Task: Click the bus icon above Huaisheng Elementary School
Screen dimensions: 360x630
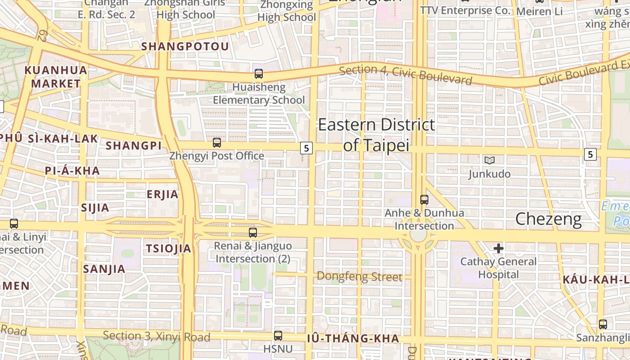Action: tap(259, 74)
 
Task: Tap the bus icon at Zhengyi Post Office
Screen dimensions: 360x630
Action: tap(217, 143)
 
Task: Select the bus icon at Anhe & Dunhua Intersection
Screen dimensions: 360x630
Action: tap(424, 199)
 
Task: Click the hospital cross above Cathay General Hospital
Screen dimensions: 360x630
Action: tap(499, 248)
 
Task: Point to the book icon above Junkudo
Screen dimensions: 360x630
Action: tap(489, 160)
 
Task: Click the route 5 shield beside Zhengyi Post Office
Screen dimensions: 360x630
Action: tap(306, 148)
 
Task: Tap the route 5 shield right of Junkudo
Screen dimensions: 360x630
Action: tap(590, 154)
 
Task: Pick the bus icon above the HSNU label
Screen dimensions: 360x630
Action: tap(278, 335)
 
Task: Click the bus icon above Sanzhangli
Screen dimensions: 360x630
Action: tap(603, 324)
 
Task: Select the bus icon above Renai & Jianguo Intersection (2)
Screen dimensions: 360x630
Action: tap(253, 233)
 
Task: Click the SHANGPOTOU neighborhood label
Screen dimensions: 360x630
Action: tap(185, 46)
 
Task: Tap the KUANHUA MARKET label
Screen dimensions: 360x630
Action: tap(56, 77)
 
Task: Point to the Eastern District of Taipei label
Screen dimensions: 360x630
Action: tap(377, 135)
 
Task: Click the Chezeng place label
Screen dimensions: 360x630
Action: tap(548, 219)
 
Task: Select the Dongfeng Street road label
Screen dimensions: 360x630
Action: tap(359, 276)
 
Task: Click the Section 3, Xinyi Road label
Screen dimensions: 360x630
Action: tap(157, 337)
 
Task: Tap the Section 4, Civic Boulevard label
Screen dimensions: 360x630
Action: tap(405, 75)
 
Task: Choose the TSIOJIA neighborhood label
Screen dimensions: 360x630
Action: tap(169, 248)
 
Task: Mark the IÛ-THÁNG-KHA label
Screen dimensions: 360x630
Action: tap(353, 338)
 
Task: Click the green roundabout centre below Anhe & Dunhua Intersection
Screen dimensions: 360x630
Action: tap(418, 236)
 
